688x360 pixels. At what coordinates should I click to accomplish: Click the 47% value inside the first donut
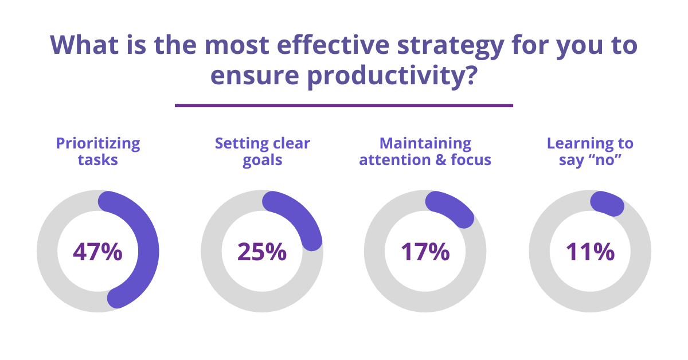[97, 252]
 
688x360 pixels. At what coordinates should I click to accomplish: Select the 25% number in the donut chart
[262, 252]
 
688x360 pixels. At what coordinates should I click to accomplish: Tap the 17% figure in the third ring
[425, 252]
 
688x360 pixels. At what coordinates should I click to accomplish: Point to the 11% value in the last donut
[590, 252]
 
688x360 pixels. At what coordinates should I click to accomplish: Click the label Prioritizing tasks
[98, 151]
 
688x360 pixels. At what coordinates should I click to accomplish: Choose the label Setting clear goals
[262, 151]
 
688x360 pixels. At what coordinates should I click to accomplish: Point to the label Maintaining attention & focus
[425, 151]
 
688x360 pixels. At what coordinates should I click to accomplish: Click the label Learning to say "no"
[590, 151]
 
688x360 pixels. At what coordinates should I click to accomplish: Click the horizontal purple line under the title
[343, 105]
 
